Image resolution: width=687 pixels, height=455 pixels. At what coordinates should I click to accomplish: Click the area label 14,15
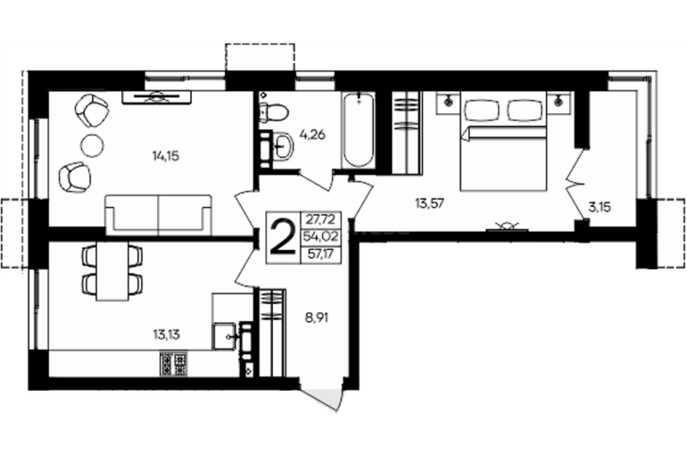(x=166, y=155)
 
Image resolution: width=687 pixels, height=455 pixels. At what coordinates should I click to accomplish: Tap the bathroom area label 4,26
(x=312, y=135)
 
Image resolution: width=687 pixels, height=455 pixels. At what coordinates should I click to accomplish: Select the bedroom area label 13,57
(x=429, y=203)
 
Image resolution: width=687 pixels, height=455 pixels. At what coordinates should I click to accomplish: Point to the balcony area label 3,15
(x=600, y=207)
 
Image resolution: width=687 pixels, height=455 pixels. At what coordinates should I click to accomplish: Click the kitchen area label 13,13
(x=167, y=335)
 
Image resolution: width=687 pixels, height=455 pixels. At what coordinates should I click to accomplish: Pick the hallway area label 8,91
(x=317, y=317)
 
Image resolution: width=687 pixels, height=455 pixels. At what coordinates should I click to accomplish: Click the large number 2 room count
(x=283, y=237)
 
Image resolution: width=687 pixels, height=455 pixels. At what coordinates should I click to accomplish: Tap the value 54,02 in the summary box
(x=321, y=237)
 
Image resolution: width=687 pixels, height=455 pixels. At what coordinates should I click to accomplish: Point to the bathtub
(x=359, y=130)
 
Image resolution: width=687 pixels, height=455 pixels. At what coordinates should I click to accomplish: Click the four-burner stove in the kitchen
(x=174, y=363)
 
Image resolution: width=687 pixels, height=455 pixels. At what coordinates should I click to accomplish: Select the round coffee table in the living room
(x=93, y=144)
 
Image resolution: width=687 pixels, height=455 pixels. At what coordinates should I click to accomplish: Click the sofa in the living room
(x=158, y=215)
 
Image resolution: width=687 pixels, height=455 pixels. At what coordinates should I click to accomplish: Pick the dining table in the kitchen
(x=112, y=270)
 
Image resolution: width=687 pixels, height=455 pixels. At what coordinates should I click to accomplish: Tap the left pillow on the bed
(x=482, y=111)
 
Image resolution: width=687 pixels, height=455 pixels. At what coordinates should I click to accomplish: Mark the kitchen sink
(x=224, y=335)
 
